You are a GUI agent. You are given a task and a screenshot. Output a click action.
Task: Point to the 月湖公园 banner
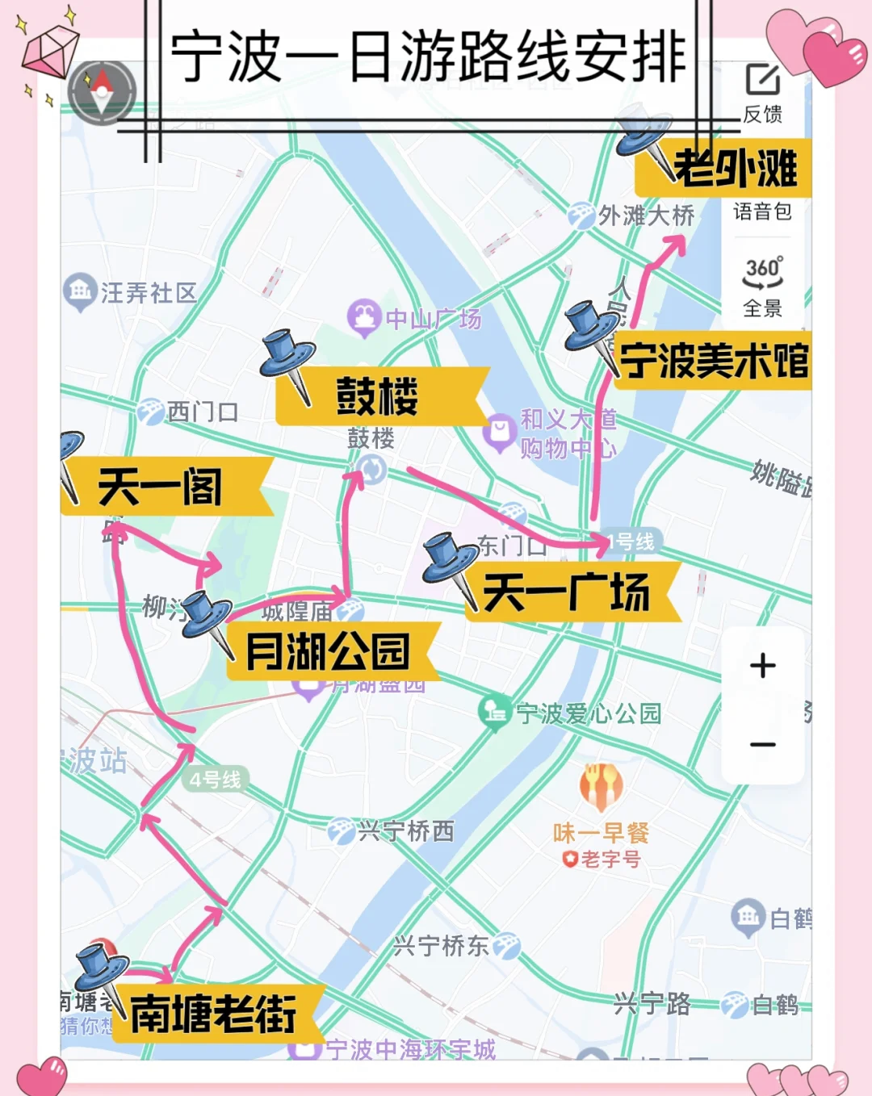329,651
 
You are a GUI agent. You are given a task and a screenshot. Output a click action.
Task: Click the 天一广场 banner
570,592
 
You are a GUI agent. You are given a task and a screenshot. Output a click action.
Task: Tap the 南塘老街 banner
215,1014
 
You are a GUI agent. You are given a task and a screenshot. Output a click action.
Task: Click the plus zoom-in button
762,666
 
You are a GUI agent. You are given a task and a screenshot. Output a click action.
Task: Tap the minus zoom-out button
762,745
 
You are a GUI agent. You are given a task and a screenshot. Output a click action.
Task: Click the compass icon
102,91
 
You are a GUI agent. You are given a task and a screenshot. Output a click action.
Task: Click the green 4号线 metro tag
215,780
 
